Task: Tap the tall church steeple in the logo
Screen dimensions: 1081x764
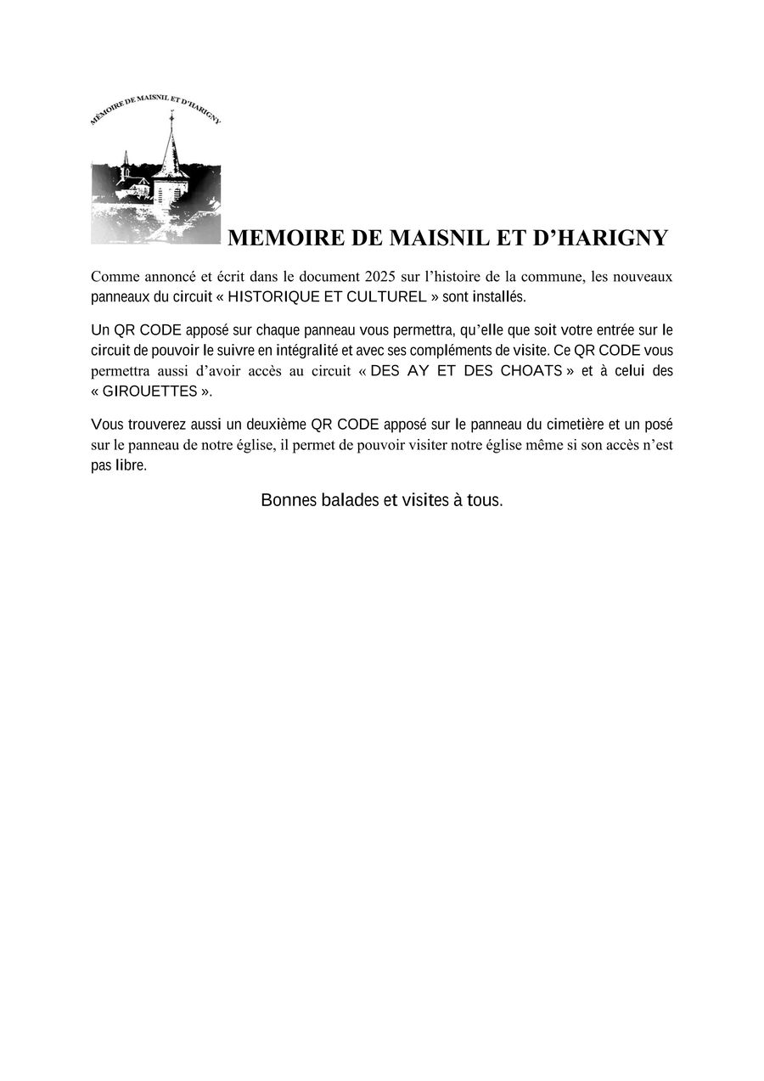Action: pyautogui.click(x=171, y=153)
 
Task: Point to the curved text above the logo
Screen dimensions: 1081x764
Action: pyautogui.click(x=155, y=106)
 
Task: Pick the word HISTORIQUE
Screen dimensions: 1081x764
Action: pyautogui.click(x=273, y=296)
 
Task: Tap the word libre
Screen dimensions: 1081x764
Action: pyautogui.click(x=131, y=466)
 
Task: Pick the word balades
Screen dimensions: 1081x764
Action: pyautogui.click(x=350, y=500)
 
